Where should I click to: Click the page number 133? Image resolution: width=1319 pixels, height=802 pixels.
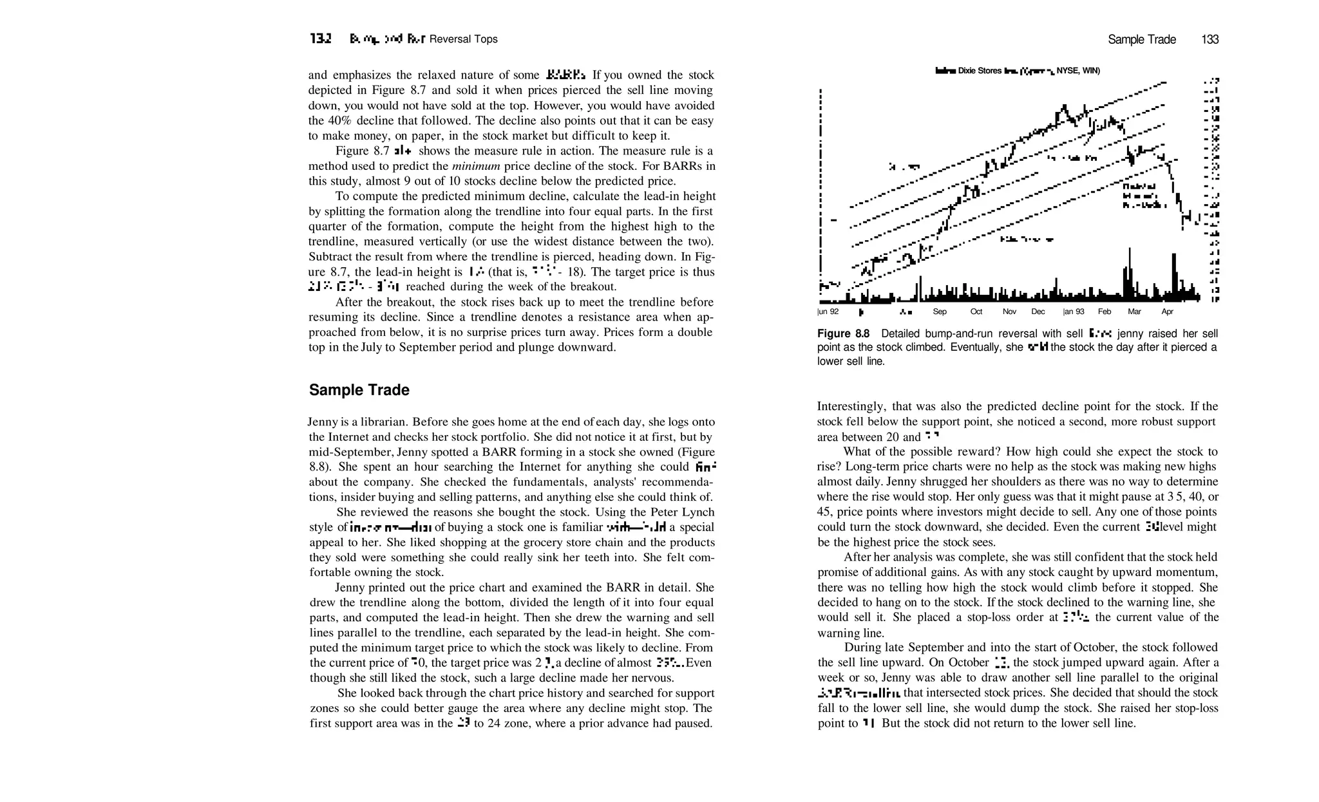coord(1210,39)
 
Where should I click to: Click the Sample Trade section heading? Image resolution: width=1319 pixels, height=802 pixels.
coord(359,390)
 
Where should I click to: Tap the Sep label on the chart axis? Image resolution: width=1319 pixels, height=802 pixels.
coord(940,312)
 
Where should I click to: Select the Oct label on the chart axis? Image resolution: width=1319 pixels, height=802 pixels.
coord(976,312)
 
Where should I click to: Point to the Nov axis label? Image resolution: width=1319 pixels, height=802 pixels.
coord(1009,312)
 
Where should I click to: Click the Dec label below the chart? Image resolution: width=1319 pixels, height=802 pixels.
coord(1038,312)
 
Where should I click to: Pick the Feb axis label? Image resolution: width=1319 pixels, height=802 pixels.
coord(1105,312)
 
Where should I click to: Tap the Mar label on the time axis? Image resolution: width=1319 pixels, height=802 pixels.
coord(1134,312)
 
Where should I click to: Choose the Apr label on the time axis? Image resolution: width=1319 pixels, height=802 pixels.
coord(1167,312)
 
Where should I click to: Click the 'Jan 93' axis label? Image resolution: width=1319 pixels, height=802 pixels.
coord(1074,312)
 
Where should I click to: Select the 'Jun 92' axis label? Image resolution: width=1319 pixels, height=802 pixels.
coord(828,312)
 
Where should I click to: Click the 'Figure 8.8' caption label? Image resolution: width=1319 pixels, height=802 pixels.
coord(843,333)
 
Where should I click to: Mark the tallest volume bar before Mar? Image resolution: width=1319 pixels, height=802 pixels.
coord(1128,274)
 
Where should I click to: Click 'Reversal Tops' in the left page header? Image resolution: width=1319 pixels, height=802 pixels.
coord(463,39)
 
